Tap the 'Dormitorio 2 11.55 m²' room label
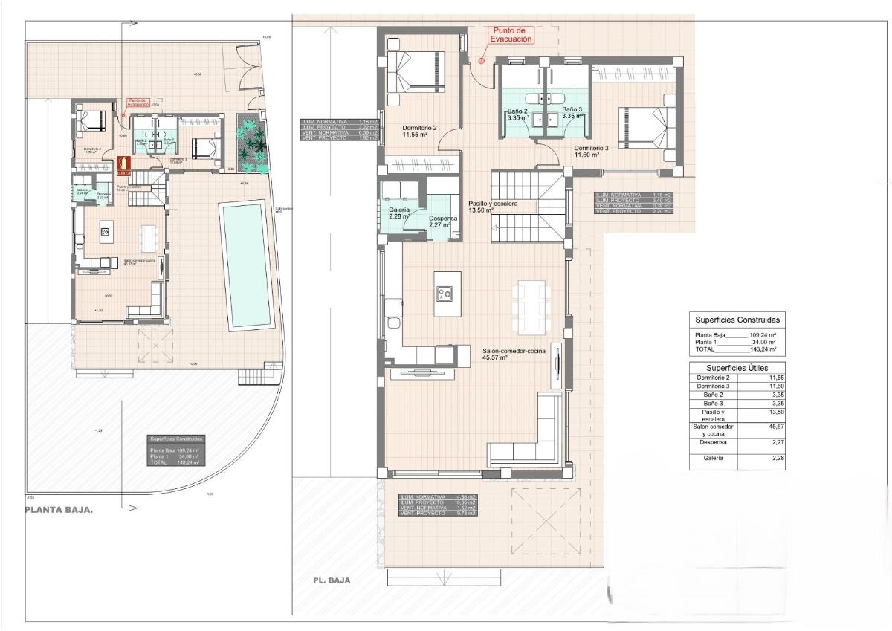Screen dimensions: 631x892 coord(420,132)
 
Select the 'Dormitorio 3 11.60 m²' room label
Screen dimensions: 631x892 coord(591,152)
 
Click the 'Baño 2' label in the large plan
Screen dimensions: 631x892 coord(517,113)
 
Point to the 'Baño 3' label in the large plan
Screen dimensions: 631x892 coord(572,113)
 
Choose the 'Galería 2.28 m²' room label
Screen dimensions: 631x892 coord(400,213)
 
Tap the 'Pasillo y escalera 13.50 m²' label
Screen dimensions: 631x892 coord(493,207)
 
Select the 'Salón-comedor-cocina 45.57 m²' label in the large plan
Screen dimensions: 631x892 coord(514,354)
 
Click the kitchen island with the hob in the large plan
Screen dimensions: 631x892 coord(447,294)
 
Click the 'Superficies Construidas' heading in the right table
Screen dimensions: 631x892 coord(737,319)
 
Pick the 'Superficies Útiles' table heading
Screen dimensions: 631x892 coord(737,367)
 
